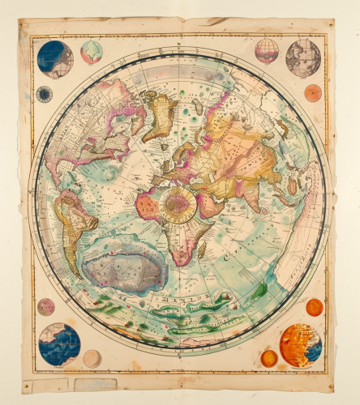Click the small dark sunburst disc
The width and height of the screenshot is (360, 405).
44,94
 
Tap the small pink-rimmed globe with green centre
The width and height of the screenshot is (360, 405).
92,53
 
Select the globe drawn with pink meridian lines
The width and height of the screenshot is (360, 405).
267,51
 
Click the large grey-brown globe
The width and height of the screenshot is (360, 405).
303,58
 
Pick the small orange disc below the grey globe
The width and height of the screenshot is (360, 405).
313,92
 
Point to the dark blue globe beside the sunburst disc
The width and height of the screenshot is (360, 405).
54,59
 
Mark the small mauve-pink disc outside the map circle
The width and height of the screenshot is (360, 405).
46,307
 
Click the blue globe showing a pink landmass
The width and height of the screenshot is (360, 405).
59,345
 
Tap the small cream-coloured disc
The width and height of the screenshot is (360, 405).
92,358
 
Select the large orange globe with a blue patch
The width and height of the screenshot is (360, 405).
301,346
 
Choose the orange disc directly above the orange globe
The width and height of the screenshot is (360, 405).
314,307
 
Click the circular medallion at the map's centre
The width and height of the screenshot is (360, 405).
178,204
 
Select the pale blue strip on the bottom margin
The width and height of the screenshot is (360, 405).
96,384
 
